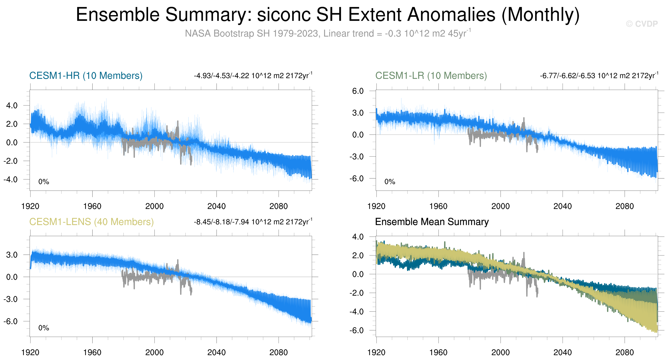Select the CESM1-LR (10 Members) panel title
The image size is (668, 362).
431,76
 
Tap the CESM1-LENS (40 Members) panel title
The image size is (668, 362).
91,222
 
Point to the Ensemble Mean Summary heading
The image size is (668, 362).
432,222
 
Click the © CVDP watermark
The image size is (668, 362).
642,24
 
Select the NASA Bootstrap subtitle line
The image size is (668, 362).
328,33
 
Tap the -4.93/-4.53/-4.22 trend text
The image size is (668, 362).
253,76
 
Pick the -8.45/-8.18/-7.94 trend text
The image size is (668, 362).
253,222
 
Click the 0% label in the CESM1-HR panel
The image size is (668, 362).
43,182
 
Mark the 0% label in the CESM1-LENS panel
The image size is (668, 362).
43,328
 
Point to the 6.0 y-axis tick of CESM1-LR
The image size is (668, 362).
358,91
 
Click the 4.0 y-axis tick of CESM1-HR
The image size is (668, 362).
12,106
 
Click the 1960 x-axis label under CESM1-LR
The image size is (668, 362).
438,206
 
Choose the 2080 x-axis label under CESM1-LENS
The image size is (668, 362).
278,352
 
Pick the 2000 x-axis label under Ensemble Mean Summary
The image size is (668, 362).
500,352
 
